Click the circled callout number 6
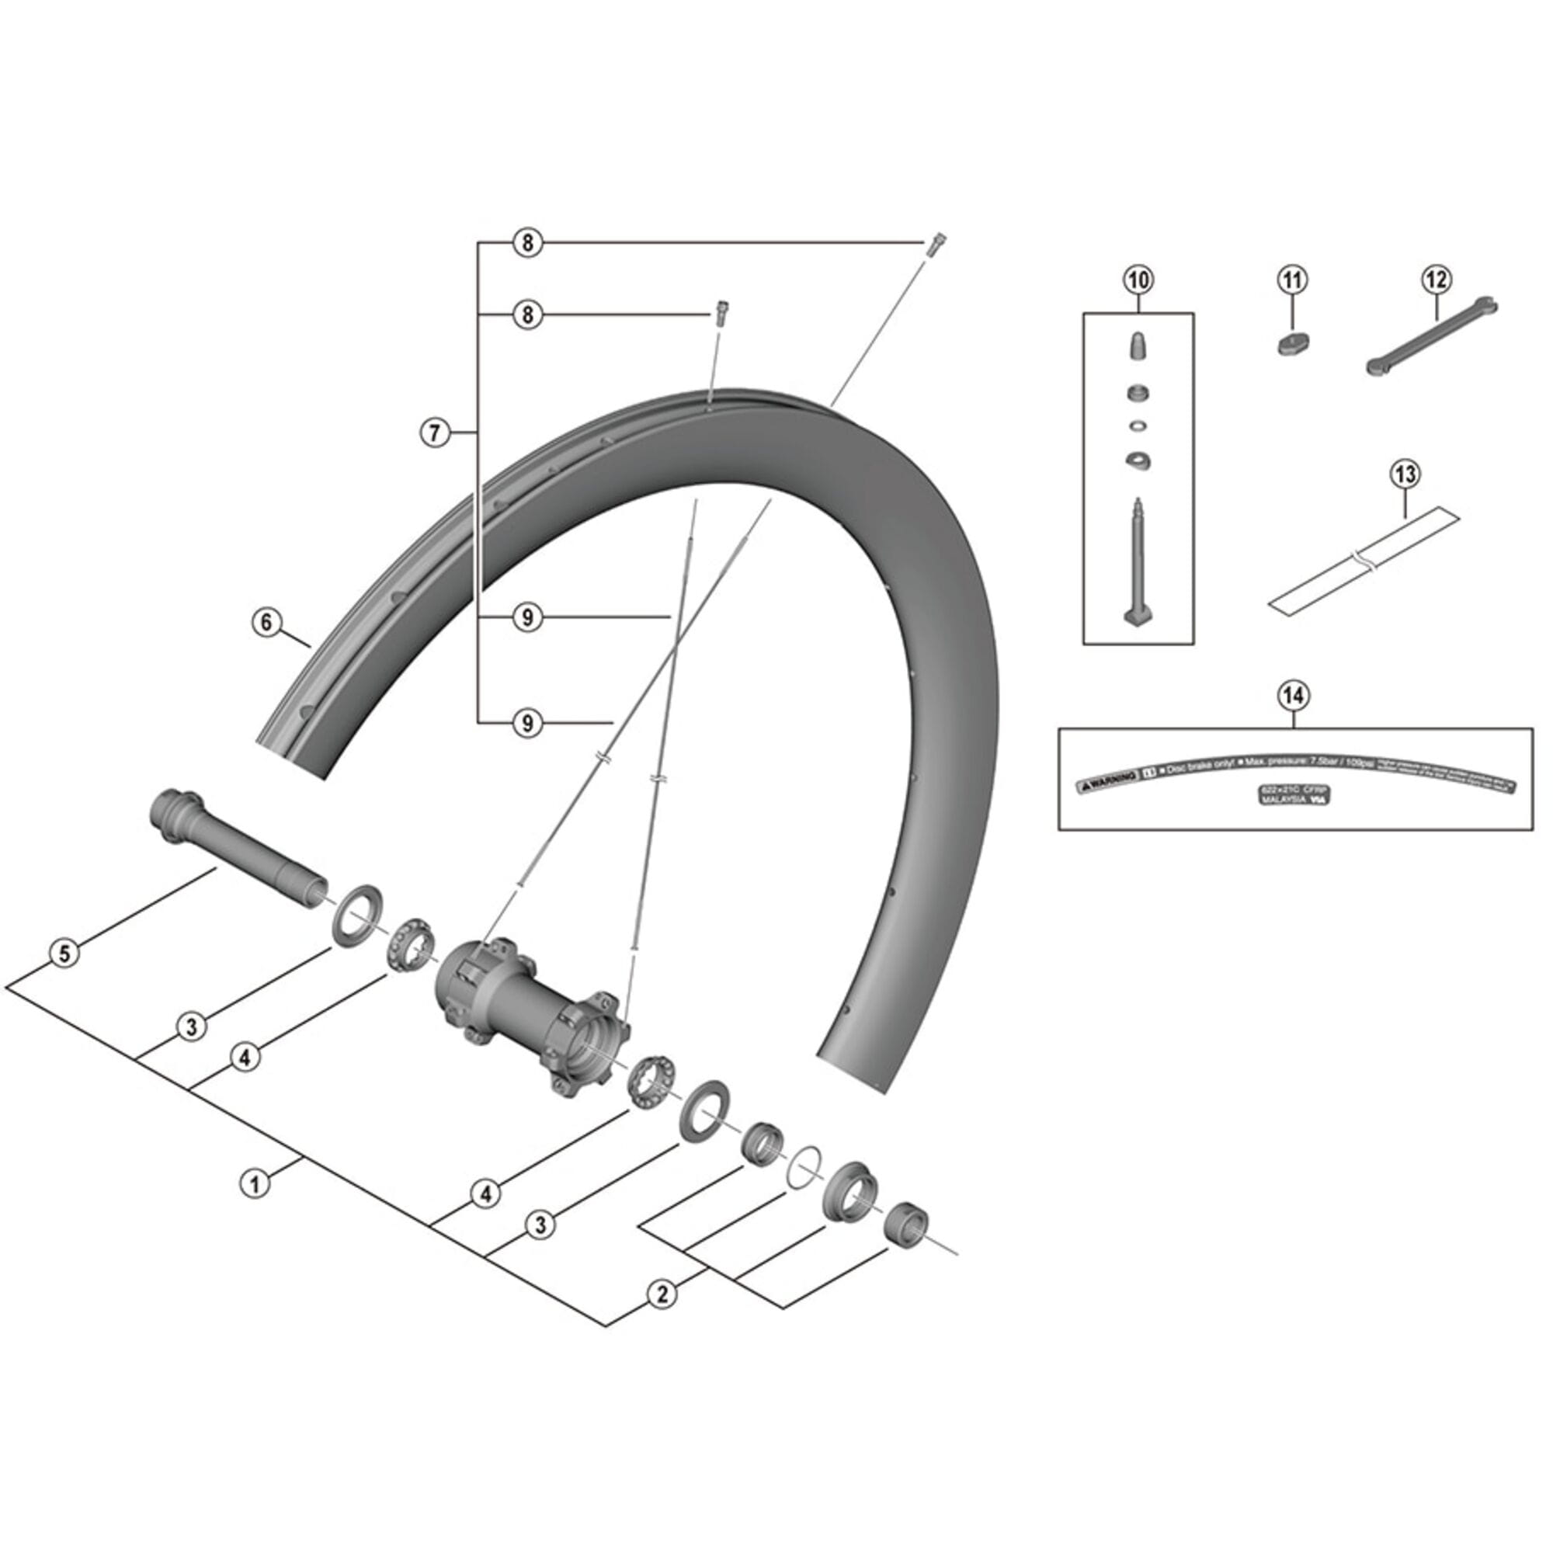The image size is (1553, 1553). (266, 622)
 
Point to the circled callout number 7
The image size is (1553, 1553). (434, 433)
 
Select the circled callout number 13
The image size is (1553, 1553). (1402, 475)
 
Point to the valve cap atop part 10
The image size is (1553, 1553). (1138, 347)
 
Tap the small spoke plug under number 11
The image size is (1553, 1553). (1293, 344)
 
